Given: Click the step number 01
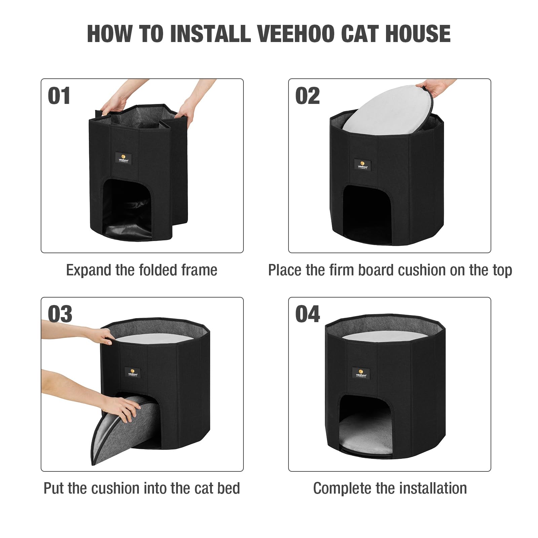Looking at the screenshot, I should pos(59,96).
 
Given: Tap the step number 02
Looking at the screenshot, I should pos(307,96).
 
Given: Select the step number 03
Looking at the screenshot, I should pos(60,314).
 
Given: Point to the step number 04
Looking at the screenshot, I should pos(307,314).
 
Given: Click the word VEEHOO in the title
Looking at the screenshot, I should pos(295,34).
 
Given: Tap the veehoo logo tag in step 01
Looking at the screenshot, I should pos(123,158).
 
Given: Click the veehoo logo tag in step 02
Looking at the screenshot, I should pos(363,164).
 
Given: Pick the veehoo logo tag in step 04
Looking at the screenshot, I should pos(362,373).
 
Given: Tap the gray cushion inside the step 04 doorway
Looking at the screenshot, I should pos(366,435).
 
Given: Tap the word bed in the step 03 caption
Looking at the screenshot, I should pos(229,488).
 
